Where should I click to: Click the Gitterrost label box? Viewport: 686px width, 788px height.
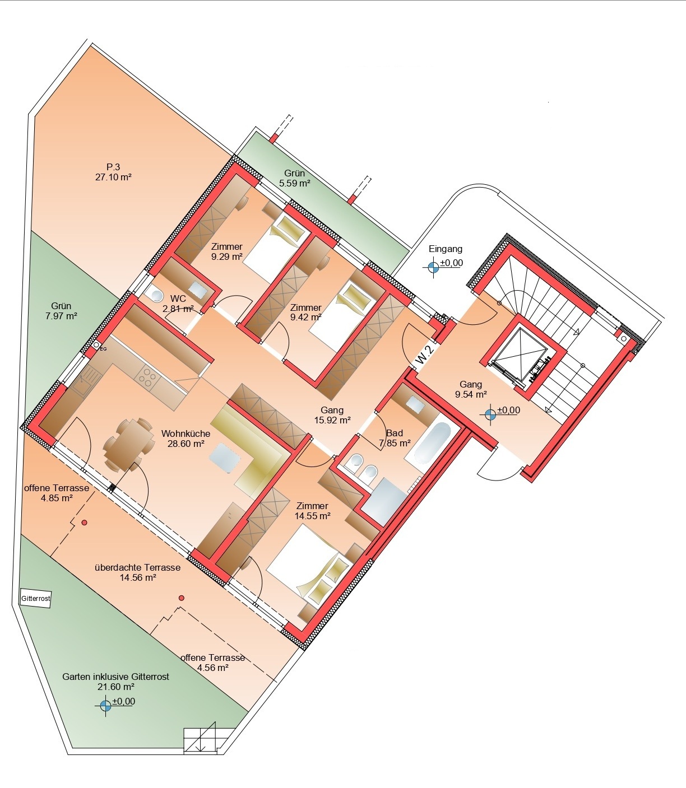[x=35, y=599]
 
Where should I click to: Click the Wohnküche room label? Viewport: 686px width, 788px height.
[x=186, y=433]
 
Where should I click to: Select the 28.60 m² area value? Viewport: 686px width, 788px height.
[x=186, y=444]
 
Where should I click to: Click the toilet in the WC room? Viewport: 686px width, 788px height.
[x=155, y=295]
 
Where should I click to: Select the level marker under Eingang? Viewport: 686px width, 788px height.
[x=434, y=267]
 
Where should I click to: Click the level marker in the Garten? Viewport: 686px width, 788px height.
[x=105, y=705]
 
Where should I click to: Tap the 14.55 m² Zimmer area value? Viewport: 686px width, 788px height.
[x=313, y=516]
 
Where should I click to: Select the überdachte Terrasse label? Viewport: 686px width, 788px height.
[x=137, y=567]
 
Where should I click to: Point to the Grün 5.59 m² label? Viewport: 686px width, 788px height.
[x=295, y=178]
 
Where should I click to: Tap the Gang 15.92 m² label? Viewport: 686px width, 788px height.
[x=332, y=415]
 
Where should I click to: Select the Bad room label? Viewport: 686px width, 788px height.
[x=395, y=433]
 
